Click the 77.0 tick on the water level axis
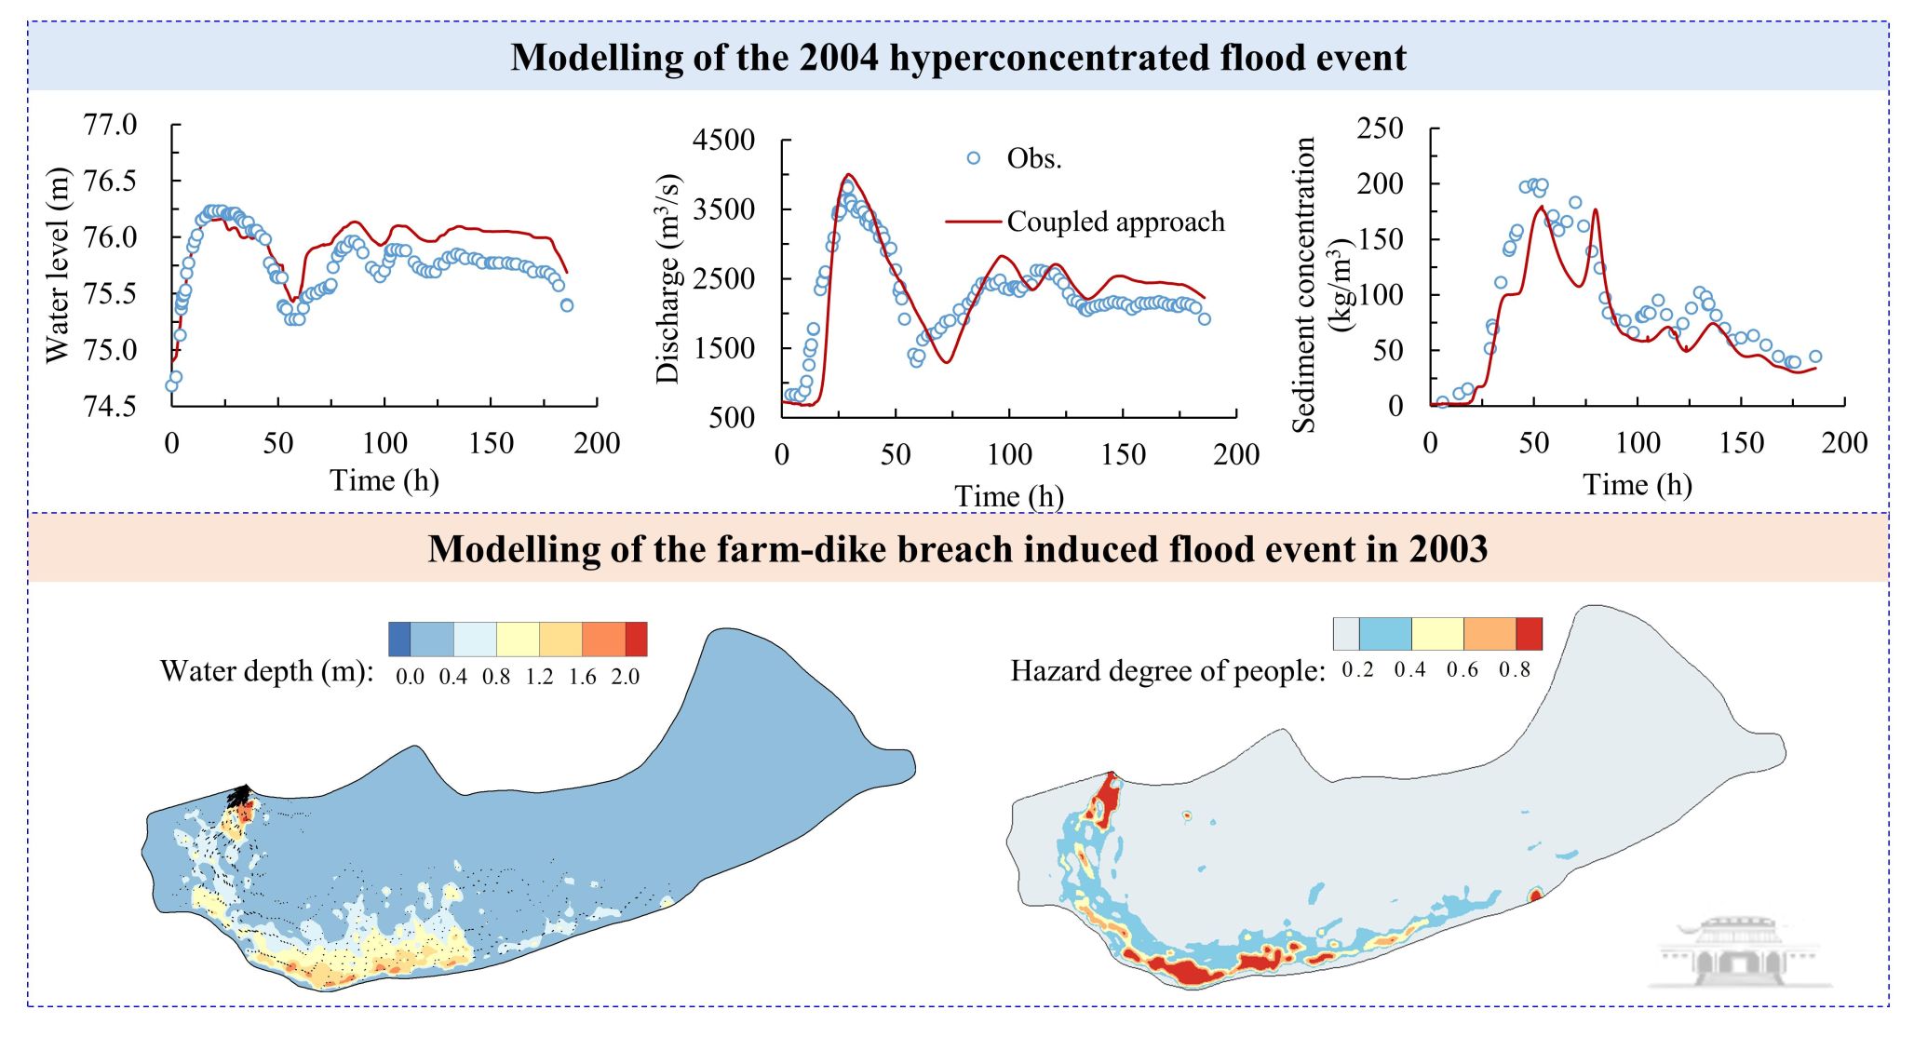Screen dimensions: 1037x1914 (x=110, y=125)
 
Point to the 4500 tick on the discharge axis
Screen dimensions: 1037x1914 (x=723, y=141)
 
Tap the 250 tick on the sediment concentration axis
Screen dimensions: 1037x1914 (x=1380, y=128)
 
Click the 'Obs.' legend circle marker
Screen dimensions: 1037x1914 (x=974, y=158)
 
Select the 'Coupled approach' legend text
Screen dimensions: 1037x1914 (x=1115, y=222)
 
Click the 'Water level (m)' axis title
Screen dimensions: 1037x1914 (x=58, y=265)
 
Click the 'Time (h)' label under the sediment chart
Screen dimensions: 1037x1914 (x=1637, y=485)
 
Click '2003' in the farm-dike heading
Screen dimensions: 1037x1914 (x=1448, y=549)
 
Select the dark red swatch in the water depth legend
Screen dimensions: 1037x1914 (x=637, y=640)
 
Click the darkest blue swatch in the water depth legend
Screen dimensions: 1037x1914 (x=399, y=640)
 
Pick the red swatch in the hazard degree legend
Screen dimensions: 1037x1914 (x=1529, y=634)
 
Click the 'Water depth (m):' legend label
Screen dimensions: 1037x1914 (x=266, y=671)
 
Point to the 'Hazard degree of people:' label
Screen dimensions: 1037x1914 (x=1167, y=671)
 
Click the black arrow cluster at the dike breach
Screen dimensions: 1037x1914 (x=240, y=796)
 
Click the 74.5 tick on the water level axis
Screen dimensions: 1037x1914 (x=110, y=407)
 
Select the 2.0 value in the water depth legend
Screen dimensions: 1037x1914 (x=625, y=677)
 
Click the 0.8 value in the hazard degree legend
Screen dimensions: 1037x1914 (x=1514, y=670)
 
